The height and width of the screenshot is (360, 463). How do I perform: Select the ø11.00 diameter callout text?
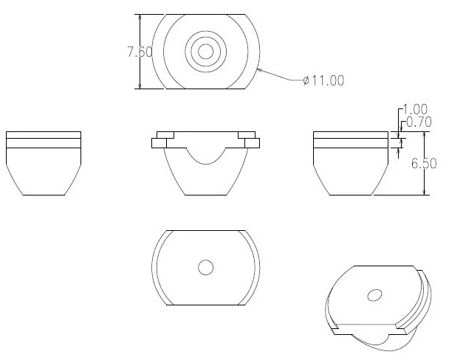[323, 80]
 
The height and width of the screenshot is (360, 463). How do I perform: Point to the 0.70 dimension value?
[416, 122]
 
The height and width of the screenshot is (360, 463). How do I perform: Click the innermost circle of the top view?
[206, 51]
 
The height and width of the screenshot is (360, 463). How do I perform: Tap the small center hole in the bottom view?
[206, 267]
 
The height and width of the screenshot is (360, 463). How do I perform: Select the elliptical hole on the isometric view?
[375, 295]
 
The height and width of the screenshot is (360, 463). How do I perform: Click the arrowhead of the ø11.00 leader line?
[258, 69]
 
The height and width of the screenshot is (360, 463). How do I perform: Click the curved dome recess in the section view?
[206, 157]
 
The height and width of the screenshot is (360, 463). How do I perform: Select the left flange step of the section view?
[162, 139]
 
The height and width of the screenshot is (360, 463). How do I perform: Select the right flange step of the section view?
[250, 139]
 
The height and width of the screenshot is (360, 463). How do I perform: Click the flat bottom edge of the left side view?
[43, 195]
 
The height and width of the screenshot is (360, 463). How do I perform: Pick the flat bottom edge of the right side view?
[351, 195]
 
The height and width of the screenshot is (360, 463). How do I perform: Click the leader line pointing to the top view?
[281, 75]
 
